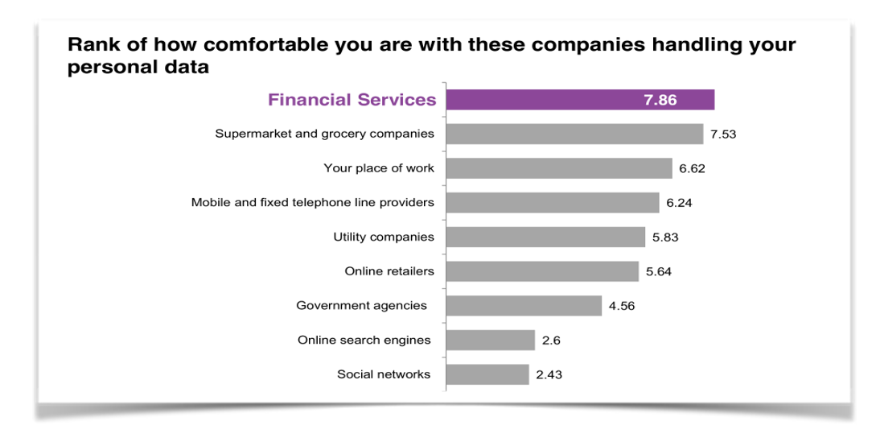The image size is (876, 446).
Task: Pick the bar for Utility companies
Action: tap(545, 237)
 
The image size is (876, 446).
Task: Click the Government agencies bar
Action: tap(524, 306)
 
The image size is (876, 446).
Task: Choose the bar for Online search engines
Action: tap(490, 341)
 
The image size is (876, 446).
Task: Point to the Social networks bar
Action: tap(487, 374)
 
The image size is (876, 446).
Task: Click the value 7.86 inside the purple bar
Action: tap(660, 101)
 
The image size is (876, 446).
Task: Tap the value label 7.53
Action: tap(723, 134)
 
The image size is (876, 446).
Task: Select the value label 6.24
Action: tap(679, 203)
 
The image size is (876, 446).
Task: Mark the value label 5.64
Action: tap(659, 271)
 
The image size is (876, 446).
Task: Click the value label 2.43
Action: tap(549, 374)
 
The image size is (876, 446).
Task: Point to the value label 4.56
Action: tap(622, 306)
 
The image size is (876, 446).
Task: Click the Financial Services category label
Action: tap(352, 100)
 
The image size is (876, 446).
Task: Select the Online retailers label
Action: tap(389, 271)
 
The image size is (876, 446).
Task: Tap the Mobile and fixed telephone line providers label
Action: tap(312, 203)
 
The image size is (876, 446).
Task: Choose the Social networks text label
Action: tap(384, 374)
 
